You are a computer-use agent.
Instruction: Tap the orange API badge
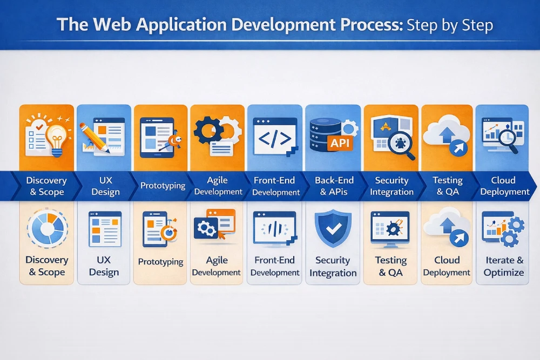[340, 143]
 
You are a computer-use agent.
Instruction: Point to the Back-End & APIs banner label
[333, 186]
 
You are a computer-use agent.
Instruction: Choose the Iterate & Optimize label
[503, 267]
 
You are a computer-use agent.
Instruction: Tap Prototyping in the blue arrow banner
[163, 186]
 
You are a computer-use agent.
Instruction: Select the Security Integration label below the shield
[333, 267]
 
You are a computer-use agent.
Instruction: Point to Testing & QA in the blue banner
[448, 186]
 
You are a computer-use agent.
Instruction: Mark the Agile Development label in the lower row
[217, 267]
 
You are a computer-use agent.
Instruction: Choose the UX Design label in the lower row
[104, 267]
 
